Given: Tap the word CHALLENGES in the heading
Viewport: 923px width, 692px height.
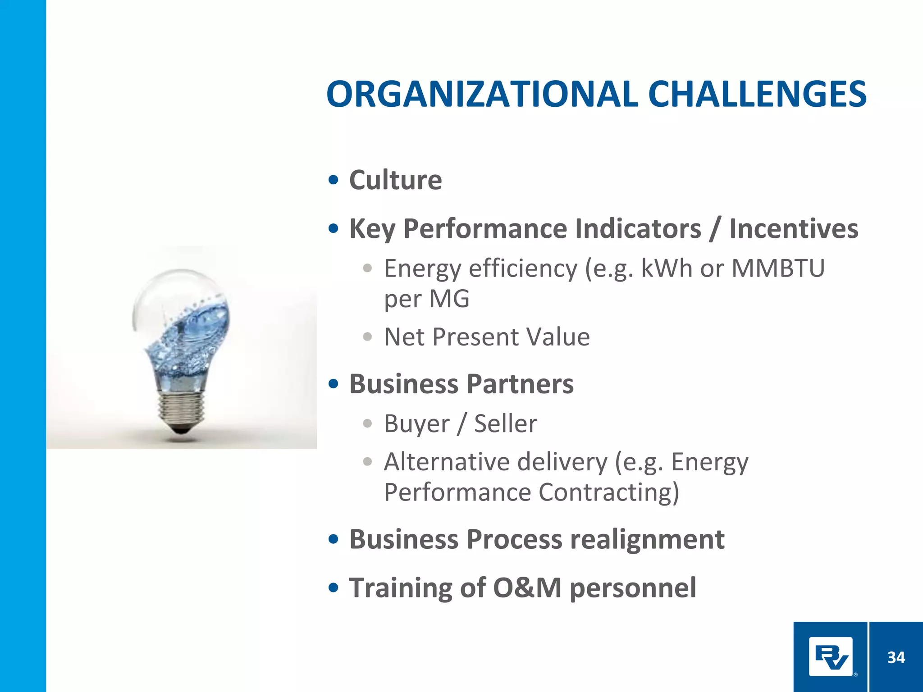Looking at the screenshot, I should tap(757, 95).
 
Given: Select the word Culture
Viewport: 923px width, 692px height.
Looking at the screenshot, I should tap(395, 180).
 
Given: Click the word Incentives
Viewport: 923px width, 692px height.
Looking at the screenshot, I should tap(794, 228).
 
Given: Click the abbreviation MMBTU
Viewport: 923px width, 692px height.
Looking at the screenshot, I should tap(778, 269).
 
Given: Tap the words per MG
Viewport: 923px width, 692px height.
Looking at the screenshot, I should tap(426, 299).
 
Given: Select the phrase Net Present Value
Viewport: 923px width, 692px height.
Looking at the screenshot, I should tap(487, 337).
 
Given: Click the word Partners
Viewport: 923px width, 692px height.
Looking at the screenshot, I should tap(520, 384).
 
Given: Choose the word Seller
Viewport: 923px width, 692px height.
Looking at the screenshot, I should tap(506, 424).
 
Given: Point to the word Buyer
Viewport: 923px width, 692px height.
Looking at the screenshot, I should tap(416, 424).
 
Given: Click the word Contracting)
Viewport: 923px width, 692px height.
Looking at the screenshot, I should tap(608, 492).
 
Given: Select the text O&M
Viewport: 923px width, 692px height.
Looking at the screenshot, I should tap(527, 588).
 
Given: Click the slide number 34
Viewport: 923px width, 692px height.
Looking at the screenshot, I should tap(896, 658).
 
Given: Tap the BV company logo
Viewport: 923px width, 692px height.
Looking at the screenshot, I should tap(830, 657).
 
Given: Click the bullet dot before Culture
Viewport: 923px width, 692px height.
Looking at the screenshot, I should tap(334, 180).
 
